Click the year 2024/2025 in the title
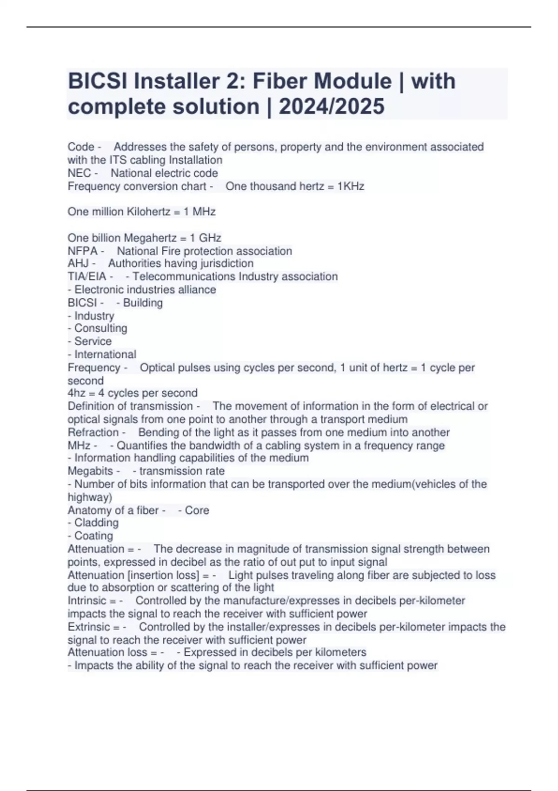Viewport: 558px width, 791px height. coord(332,107)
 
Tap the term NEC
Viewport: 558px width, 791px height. coord(79,173)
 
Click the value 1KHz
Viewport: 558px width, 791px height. coord(351,187)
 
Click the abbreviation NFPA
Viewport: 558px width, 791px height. coord(83,251)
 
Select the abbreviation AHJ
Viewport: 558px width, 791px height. coord(78,263)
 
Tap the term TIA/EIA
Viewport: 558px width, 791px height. coord(87,276)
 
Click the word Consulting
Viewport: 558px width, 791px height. coord(100,328)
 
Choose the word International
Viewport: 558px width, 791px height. coord(105,355)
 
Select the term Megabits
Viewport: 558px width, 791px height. coord(90,471)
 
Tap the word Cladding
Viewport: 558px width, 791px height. coord(96,523)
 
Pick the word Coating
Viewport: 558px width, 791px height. coord(93,536)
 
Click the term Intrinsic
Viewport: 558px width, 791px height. coord(87,601)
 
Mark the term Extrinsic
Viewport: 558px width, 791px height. coord(88,627)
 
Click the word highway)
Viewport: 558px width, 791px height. coord(90,497)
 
